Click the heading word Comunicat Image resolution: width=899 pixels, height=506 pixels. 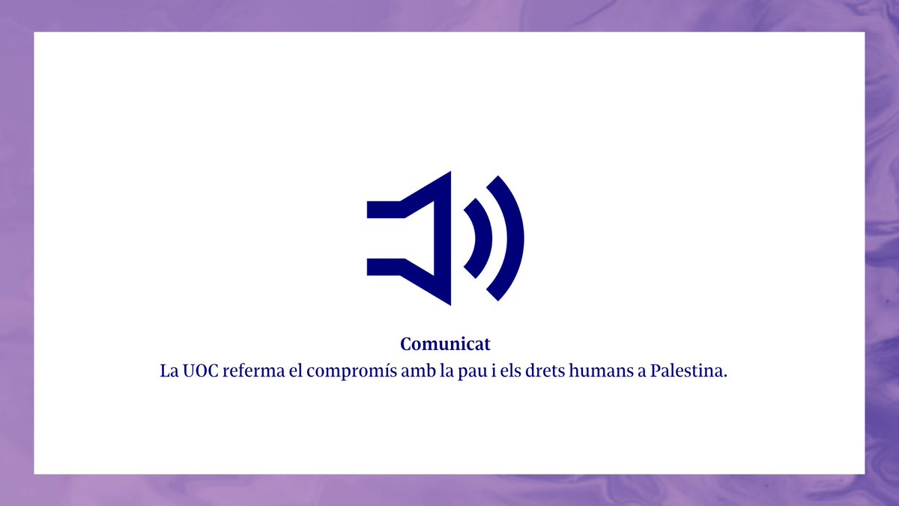point(445,344)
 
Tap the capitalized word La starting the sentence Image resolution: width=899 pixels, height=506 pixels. point(169,371)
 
